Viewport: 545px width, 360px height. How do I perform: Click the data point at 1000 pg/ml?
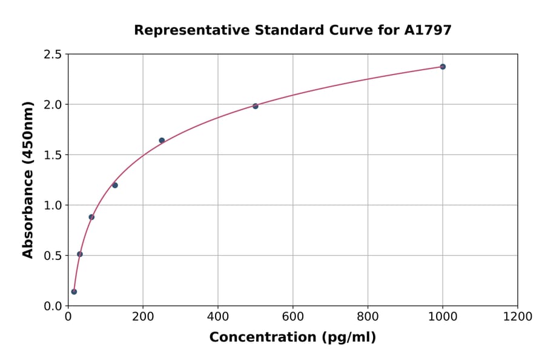pos(443,67)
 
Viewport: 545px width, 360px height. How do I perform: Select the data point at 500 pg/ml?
pos(256,106)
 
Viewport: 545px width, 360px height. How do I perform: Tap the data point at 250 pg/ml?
pos(162,141)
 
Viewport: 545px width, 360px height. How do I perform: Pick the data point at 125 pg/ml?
pos(115,185)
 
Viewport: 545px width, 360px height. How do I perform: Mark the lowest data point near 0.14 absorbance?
pos(74,292)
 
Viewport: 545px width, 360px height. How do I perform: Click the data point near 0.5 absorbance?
pos(80,254)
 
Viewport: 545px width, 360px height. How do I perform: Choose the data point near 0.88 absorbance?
pos(91,217)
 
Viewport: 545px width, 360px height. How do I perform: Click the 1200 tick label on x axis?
pos(518,317)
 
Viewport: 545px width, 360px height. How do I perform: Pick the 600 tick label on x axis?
pos(293,317)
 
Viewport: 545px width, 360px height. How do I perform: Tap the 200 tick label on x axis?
pos(143,317)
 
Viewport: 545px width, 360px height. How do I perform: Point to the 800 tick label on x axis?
pos(368,317)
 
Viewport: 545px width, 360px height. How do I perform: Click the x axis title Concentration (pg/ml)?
pos(292,338)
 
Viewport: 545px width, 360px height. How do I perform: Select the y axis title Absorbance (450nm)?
pos(28,179)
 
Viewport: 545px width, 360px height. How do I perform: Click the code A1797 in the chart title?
pos(428,30)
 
